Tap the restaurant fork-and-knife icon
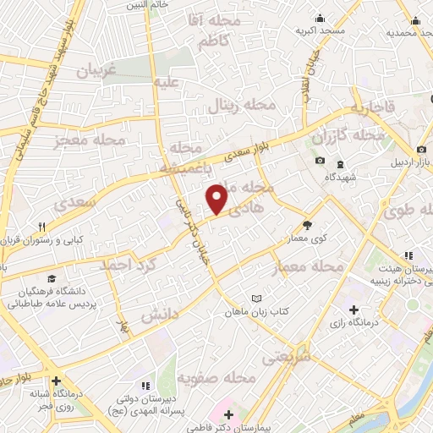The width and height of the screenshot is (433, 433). [41, 226]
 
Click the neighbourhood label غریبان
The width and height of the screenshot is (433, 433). [96, 73]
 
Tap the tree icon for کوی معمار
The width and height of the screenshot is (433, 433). [307, 226]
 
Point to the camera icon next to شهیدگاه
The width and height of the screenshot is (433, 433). [320, 162]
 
